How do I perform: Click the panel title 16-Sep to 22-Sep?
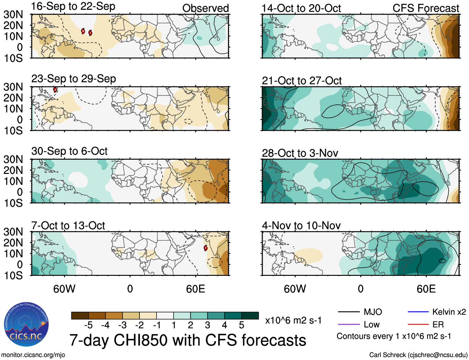click(73, 7)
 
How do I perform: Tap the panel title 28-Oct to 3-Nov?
click(300, 153)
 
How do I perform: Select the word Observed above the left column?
click(205, 8)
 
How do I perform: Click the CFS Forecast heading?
click(426, 8)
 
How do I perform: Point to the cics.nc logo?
click(26, 325)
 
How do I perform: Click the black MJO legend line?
click(348, 312)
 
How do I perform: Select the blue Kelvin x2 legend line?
click(418, 312)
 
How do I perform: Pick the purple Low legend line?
click(348, 325)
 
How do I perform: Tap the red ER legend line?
click(418, 325)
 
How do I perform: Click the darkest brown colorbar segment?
click(80, 316)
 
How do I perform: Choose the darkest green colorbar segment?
click(250, 316)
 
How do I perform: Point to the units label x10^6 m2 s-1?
click(293, 320)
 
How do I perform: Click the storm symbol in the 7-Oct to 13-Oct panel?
click(205, 248)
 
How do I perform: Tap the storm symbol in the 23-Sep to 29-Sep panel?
click(55, 90)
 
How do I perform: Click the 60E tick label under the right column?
click(426, 289)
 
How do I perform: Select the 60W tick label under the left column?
click(64, 289)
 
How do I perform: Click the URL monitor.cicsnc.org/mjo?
click(33, 355)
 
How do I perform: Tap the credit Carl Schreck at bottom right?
click(418, 355)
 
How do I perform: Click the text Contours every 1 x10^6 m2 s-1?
click(394, 336)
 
